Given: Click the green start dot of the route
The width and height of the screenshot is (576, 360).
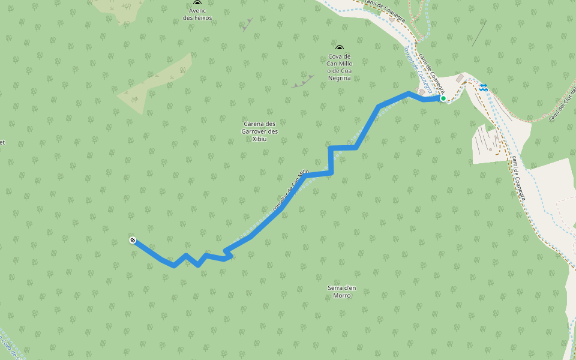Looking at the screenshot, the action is click(443, 98).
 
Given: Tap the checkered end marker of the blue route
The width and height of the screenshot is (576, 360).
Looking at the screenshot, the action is click(133, 241).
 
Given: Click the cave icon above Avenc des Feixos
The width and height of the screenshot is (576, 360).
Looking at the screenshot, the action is click(197, 3).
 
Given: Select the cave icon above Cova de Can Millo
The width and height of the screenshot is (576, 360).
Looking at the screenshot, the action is click(340, 47).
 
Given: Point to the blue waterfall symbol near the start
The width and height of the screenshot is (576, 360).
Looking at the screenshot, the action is click(483, 88).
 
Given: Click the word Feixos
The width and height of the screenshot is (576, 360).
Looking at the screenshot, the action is click(202, 18).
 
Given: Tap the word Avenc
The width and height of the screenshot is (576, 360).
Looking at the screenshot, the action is click(197, 11).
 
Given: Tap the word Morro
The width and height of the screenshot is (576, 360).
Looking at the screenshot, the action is click(342, 295).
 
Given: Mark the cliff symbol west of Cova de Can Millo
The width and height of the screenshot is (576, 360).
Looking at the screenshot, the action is click(303, 82).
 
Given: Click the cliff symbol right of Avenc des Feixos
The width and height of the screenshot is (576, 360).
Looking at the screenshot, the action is click(247, 25).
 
